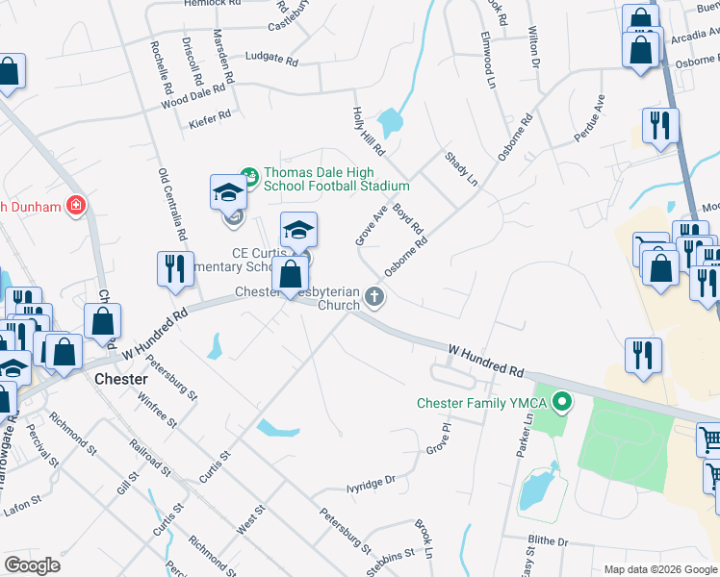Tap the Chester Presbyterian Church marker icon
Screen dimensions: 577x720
coord(373,300)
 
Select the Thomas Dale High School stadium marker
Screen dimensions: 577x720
coord(250,176)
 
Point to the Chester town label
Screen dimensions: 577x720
coord(120,379)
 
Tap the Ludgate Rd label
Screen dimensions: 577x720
coord(271,58)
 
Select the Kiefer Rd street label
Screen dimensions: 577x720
coord(211,115)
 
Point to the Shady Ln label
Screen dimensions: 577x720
coord(461,167)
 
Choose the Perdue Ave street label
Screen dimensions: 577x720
coord(589,118)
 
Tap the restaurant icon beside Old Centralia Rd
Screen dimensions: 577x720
coord(173,269)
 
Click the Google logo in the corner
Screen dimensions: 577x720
coord(32,565)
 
